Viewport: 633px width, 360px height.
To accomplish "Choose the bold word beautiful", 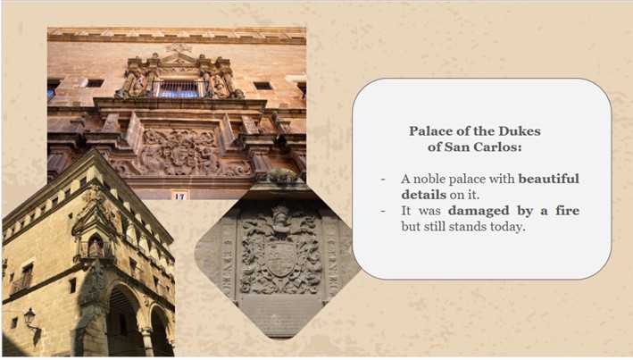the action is click(x=548, y=179).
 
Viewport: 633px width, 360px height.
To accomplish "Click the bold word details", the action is click(x=424, y=195).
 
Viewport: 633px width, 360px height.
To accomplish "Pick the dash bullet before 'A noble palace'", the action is click(x=383, y=180).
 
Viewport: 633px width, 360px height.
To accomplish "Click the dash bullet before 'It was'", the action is click(x=383, y=212).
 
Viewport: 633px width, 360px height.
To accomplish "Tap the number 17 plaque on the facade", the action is click(x=179, y=196).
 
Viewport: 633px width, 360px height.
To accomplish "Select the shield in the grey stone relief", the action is click(x=281, y=257).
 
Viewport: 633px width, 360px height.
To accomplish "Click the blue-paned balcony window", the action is click(x=179, y=89).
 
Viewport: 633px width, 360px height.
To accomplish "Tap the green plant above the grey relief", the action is click(x=282, y=175).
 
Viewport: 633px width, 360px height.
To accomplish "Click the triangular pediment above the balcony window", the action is click(x=179, y=59).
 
